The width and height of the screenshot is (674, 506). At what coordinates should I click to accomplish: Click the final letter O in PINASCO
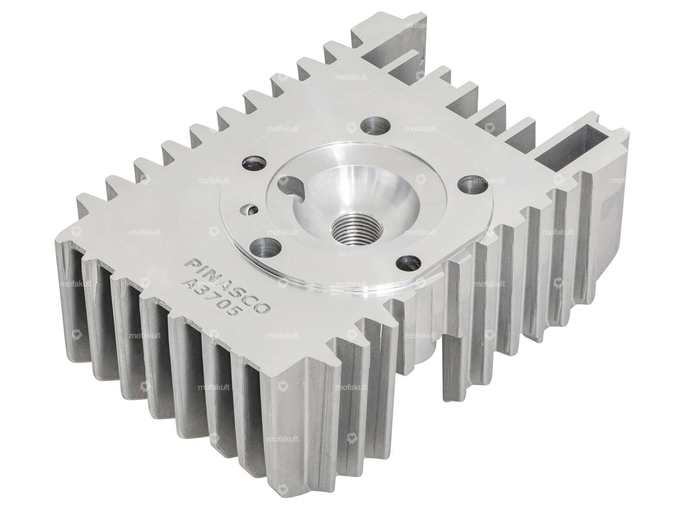(x=266, y=309)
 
